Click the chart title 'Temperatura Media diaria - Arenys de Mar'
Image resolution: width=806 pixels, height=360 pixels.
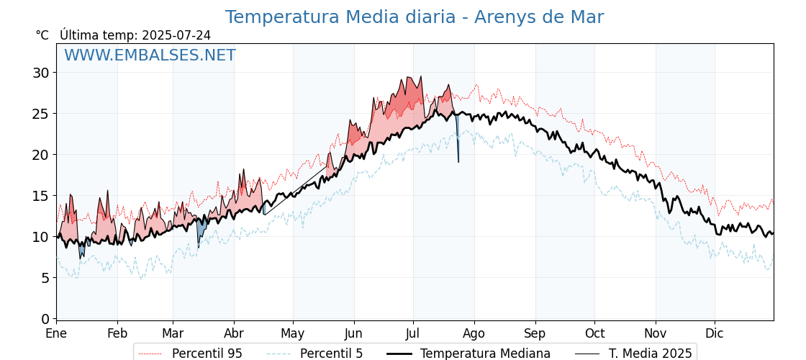(414, 17)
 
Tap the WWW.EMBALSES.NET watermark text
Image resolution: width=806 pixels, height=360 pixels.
(150, 55)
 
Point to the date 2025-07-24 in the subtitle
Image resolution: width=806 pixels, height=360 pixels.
(176, 35)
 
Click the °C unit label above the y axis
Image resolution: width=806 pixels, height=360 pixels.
(42, 35)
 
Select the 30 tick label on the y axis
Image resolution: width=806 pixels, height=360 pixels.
(40, 73)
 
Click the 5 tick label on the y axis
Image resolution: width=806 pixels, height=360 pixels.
(45, 278)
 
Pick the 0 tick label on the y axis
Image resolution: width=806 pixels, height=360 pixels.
(45, 319)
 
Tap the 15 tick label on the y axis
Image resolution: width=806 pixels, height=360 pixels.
(40, 196)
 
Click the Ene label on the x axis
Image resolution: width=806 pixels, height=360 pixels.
(56, 334)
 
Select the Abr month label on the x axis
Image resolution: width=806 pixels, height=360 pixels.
(234, 334)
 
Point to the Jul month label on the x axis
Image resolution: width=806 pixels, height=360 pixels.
(413, 334)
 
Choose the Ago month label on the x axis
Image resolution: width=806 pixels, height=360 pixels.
(474, 334)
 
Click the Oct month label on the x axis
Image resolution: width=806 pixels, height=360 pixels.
(594, 334)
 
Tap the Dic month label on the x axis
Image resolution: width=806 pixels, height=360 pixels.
(715, 334)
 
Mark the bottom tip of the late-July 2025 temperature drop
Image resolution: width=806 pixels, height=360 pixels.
(458, 162)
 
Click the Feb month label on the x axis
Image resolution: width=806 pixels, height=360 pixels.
(117, 334)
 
